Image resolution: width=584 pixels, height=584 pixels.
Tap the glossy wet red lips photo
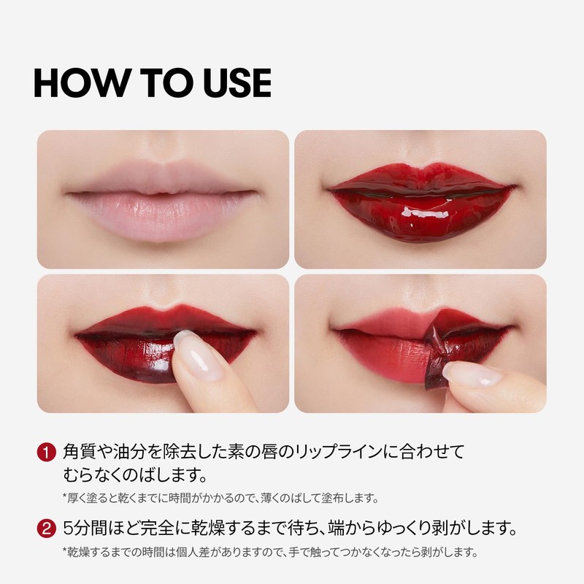click(420, 199)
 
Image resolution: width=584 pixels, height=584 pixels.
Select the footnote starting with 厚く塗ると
click(219, 499)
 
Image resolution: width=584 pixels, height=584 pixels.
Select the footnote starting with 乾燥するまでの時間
click(270, 553)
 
